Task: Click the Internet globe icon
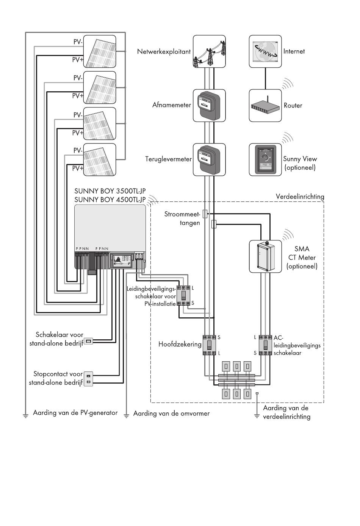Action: (x=265, y=52)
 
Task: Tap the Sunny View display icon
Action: (x=265, y=160)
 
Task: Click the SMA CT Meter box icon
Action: (x=265, y=256)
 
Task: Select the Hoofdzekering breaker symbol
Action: (x=210, y=345)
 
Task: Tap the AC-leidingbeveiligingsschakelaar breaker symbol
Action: (x=266, y=345)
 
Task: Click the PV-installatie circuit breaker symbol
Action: (x=183, y=295)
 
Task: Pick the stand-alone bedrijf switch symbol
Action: (x=88, y=341)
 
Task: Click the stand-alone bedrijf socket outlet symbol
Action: (x=88, y=379)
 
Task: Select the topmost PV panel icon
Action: (x=100, y=52)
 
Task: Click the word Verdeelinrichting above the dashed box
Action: (x=300, y=197)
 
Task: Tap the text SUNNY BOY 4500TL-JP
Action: (x=110, y=200)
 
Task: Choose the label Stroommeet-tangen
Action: (x=182, y=219)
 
